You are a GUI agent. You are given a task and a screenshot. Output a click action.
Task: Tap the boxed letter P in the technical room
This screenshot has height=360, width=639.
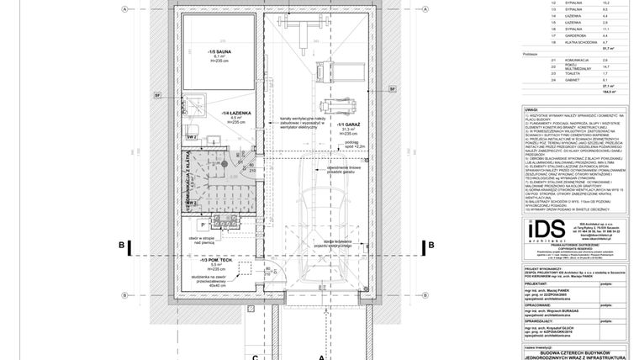(x=203, y=225)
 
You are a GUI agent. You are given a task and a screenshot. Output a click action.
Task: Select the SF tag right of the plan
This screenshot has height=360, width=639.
(x=392, y=87)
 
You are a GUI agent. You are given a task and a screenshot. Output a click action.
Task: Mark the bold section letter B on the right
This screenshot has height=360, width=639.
(x=431, y=245)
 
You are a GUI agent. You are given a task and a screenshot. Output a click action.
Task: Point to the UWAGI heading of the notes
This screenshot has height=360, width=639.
(x=530, y=109)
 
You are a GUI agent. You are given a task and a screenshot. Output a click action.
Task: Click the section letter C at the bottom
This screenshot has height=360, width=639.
(x=254, y=355)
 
